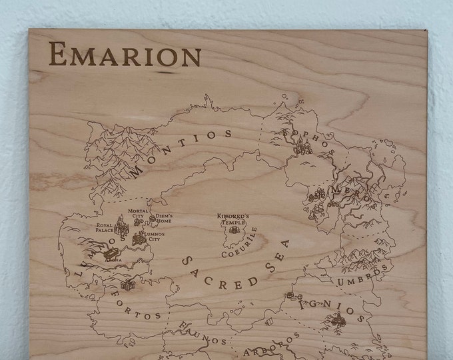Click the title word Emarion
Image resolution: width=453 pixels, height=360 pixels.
125,55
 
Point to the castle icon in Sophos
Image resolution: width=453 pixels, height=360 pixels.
305,147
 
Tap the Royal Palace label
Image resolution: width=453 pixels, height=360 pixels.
105,229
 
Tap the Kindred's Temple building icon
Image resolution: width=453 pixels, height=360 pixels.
232,235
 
